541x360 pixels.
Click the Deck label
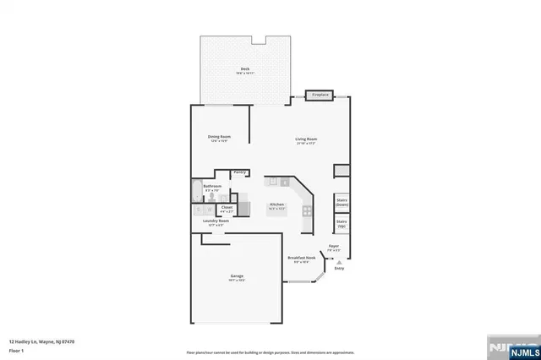coord(244,69)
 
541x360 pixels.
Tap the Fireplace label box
coord(320,95)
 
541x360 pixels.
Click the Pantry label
coord(240,172)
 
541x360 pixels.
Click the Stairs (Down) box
coord(342,202)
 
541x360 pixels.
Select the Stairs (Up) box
coord(342,224)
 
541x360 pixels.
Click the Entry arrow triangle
coord(339,262)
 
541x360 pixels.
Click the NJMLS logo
coord(517,346)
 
